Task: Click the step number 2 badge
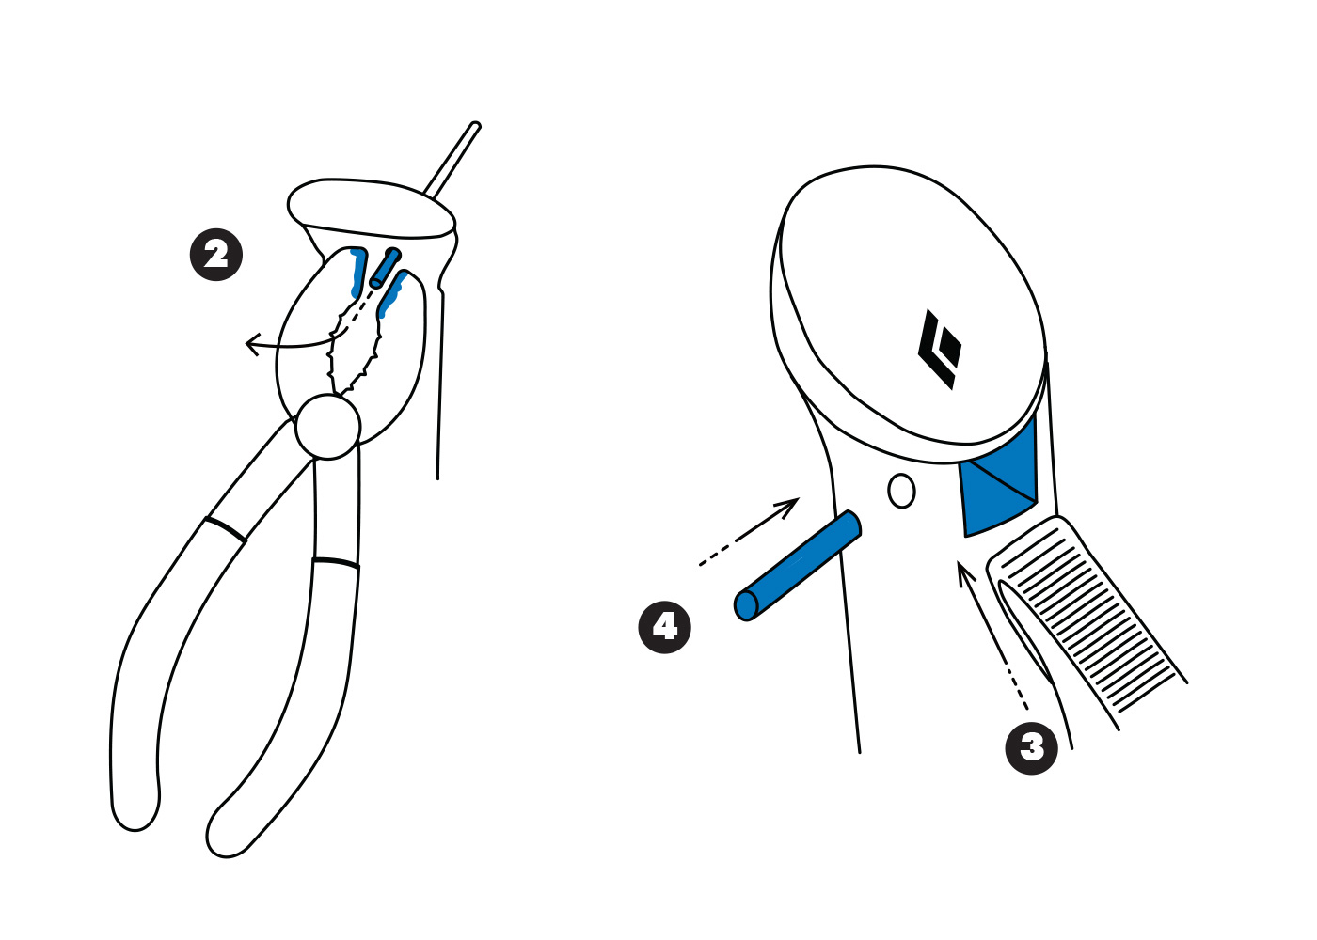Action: pyautogui.click(x=215, y=255)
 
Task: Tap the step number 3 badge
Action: pyautogui.click(x=1031, y=748)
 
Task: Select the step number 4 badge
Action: pyautogui.click(x=664, y=627)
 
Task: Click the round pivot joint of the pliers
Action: pyautogui.click(x=327, y=427)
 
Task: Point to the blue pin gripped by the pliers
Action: pyautogui.click(x=386, y=268)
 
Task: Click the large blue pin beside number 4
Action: pyautogui.click(x=798, y=565)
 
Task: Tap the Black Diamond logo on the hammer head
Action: pyautogui.click(x=940, y=349)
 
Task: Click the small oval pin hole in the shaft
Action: pyautogui.click(x=901, y=491)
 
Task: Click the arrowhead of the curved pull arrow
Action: pyautogui.click(x=253, y=344)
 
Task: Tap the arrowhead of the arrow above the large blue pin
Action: pyautogui.click(x=788, y=508)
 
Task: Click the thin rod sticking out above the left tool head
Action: pyautogui.click(x=452, y=159)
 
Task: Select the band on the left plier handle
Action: pyautogui.click(x=225, y=529)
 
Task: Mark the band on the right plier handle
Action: pyautogui.click(x=336, y=563)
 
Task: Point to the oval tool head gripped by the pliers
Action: pyautogui.click(x=371, y=209)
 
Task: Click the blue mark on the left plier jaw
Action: pyautogui.click(x=357, y=272)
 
